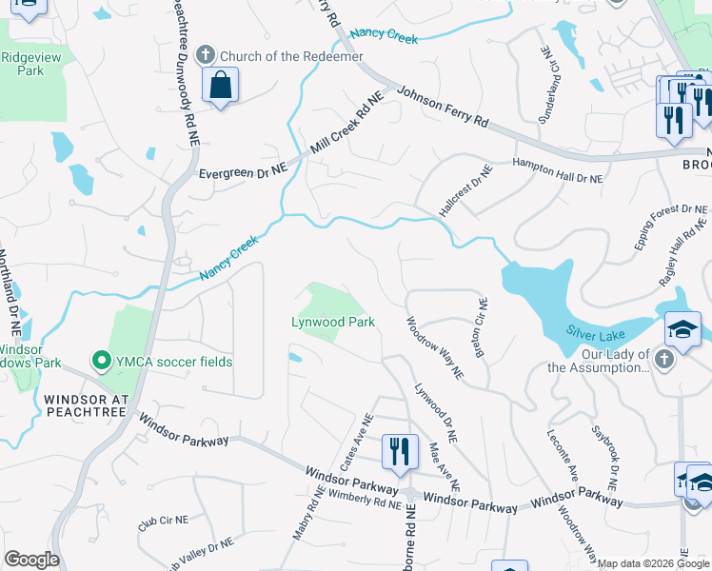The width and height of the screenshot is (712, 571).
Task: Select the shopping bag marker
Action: pos(220,86)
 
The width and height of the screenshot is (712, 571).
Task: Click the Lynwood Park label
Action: pos(333,323)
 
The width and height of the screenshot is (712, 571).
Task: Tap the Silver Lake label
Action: pos(595,330)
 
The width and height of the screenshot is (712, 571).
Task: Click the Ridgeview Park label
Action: pos(24,64)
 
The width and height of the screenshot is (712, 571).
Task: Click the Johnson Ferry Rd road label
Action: pos(443,107)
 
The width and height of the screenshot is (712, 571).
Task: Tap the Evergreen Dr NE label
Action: pos(243,172)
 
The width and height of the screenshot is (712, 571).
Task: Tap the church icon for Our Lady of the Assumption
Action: pos(664,360)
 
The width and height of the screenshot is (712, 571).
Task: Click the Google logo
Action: pos(31,560)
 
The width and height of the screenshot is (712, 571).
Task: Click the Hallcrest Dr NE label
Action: pos(465,188)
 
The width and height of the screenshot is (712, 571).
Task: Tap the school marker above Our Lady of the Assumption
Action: pos(682,329)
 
